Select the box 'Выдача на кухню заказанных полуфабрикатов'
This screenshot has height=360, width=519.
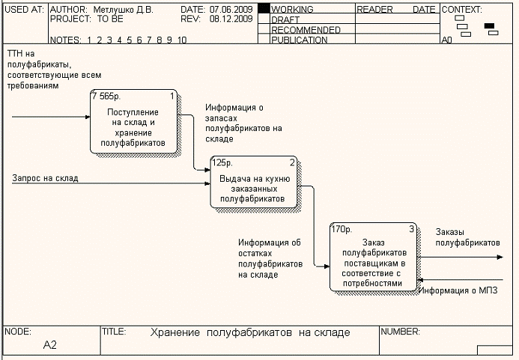click(252, 185)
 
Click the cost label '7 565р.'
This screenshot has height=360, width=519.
click(106, 97)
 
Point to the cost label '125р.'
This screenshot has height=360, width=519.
click(223, 162)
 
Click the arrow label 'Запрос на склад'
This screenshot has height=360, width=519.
click(45, 178)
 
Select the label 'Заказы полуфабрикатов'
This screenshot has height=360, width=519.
click(467, 237)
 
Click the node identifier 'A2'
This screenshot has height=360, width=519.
click(50, 345)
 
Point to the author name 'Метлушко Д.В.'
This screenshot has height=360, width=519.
click(123, 10)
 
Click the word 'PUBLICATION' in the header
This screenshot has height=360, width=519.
click(300, 40)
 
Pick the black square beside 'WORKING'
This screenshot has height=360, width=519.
click(263, 10)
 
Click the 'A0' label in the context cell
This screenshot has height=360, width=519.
click(447, 40)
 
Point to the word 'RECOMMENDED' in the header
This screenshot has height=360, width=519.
click(306, 30)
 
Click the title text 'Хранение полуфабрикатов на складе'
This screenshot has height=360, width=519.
click(250, 332)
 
